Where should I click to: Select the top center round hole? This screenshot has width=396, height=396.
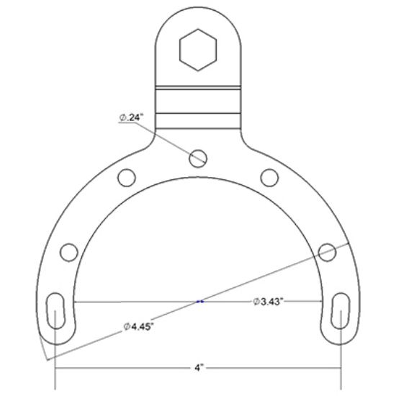tap(198, 156)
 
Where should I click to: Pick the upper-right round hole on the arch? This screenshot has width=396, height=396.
tap(269, 176)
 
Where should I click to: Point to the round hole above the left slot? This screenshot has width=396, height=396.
tap(69, 252)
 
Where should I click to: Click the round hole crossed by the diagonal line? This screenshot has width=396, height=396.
tap(327, 252)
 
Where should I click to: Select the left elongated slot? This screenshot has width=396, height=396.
tap(55, 309)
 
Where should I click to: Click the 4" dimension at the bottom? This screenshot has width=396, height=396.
tap(199, 368)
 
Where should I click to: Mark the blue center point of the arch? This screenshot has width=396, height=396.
tap(201, 301)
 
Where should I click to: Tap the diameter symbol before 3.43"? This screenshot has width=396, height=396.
tap(256, 301)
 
